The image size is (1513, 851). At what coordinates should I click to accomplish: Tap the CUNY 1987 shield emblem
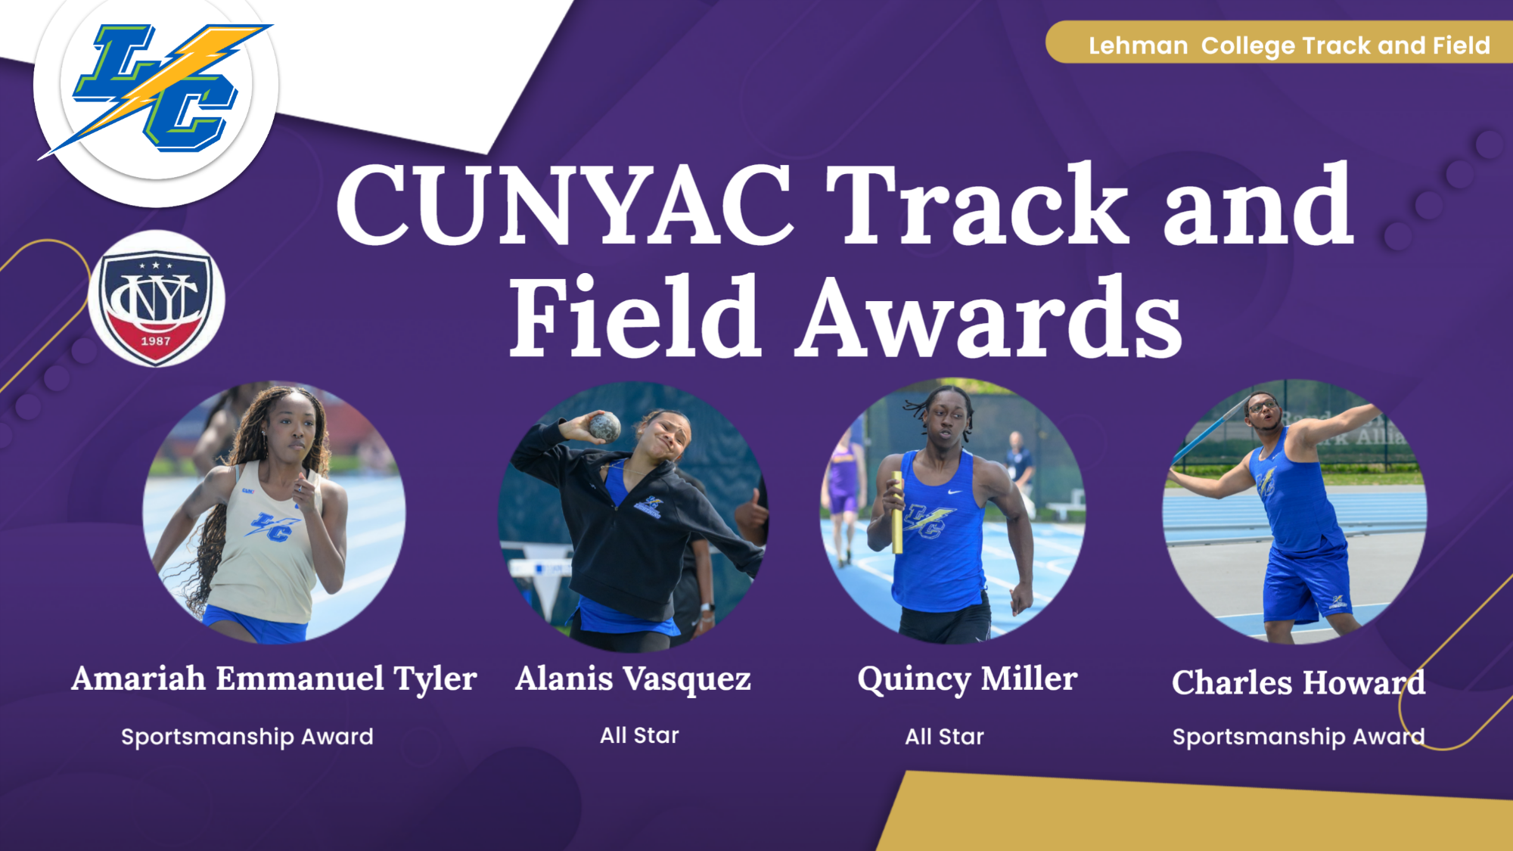click(156, 300)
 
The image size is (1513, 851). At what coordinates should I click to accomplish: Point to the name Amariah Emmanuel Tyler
click(274, 679)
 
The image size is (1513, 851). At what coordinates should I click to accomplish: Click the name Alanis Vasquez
click(632, 679)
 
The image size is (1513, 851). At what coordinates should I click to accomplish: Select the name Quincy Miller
click(967, 679)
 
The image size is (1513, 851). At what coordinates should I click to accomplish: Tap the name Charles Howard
click(1298, 682)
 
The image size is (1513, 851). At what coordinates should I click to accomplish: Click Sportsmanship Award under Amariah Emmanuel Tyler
click(247, 736)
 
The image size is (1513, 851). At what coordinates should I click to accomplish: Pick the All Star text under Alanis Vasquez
click(639, 735)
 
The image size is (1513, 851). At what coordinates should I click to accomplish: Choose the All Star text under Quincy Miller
click(944, 736)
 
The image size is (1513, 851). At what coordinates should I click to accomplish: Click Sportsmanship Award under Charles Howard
click(1298, 736)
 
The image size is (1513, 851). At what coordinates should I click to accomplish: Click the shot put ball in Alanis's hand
click(604, 427)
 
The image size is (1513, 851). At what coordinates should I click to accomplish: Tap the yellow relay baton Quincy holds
click(897, 514)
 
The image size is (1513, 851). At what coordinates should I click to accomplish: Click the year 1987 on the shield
click(156, 341)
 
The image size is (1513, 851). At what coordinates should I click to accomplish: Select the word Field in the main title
click(634, 318)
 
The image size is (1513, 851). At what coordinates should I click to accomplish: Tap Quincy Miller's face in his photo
click(946, 420)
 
